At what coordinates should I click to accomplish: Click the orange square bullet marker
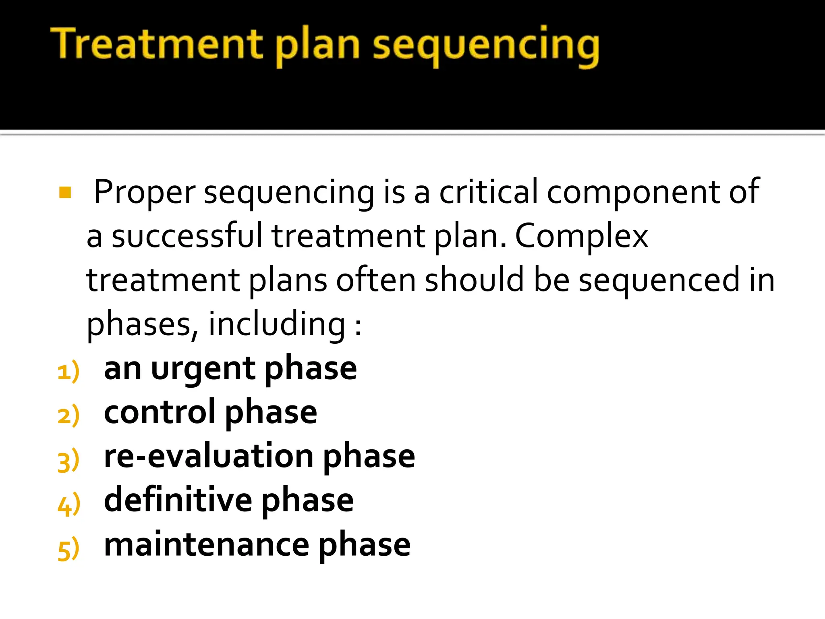click(x=65, y=193)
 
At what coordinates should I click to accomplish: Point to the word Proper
click(x=145, y=193)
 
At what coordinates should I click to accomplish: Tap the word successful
click(x=187, y=236)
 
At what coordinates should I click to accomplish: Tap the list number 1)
click(x=68, y=372)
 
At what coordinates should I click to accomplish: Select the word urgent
click(x=203, y=369)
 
